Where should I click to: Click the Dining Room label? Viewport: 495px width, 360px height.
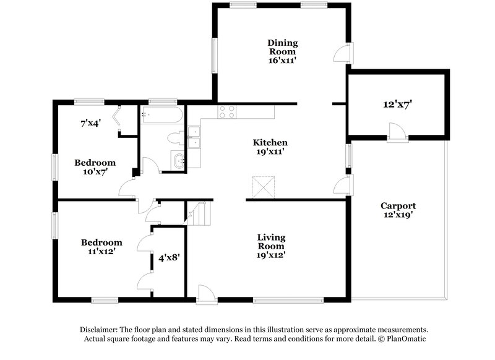pos(282,47)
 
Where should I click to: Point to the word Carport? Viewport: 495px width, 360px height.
pos(398,206)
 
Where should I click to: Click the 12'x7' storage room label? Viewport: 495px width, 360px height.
pos(397,105)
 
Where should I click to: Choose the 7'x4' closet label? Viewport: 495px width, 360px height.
pos(90,122)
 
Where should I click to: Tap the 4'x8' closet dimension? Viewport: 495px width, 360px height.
pos(168,255)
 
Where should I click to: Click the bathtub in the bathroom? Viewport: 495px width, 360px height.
pos(161,114)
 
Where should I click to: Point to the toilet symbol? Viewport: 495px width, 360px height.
pos(175,137)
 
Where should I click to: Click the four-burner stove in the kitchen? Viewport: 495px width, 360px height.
pos(227,112)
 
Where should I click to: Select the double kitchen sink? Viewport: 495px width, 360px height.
pos(196,137)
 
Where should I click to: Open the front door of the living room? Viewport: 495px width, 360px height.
pos(206,294)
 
